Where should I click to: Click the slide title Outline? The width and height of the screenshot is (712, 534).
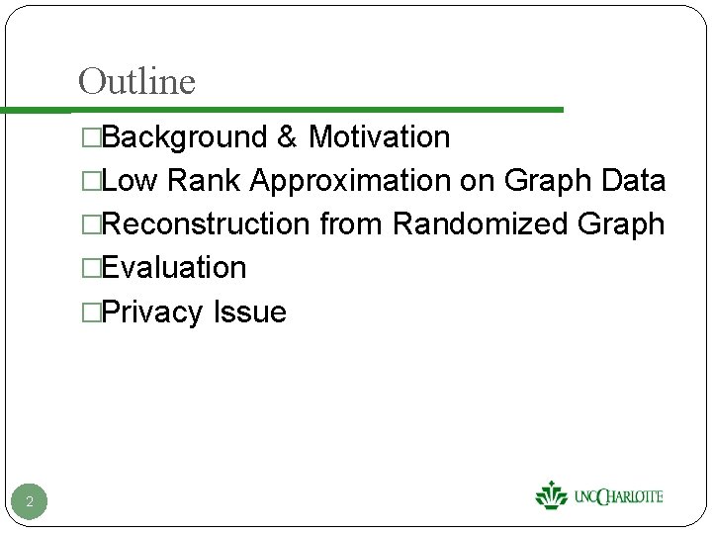[136, 81]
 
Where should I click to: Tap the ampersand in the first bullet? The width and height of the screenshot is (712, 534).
[288, 137]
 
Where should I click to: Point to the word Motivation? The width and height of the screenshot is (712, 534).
[379, 137]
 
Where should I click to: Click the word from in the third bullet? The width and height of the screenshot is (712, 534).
[351, 224]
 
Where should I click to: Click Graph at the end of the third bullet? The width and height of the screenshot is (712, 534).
[621, 225]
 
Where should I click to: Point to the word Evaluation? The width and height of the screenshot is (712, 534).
[174, 268]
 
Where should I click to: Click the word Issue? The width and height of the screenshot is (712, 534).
[249, 312]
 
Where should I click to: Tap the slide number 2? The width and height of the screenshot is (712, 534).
[30, 502]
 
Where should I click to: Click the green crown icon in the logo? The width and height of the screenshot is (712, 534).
[551, 494]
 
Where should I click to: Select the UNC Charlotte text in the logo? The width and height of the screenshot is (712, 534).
[618, 496]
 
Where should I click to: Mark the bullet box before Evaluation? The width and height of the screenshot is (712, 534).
[91, 268]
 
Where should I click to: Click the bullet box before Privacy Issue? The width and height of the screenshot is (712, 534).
[91, 312]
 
